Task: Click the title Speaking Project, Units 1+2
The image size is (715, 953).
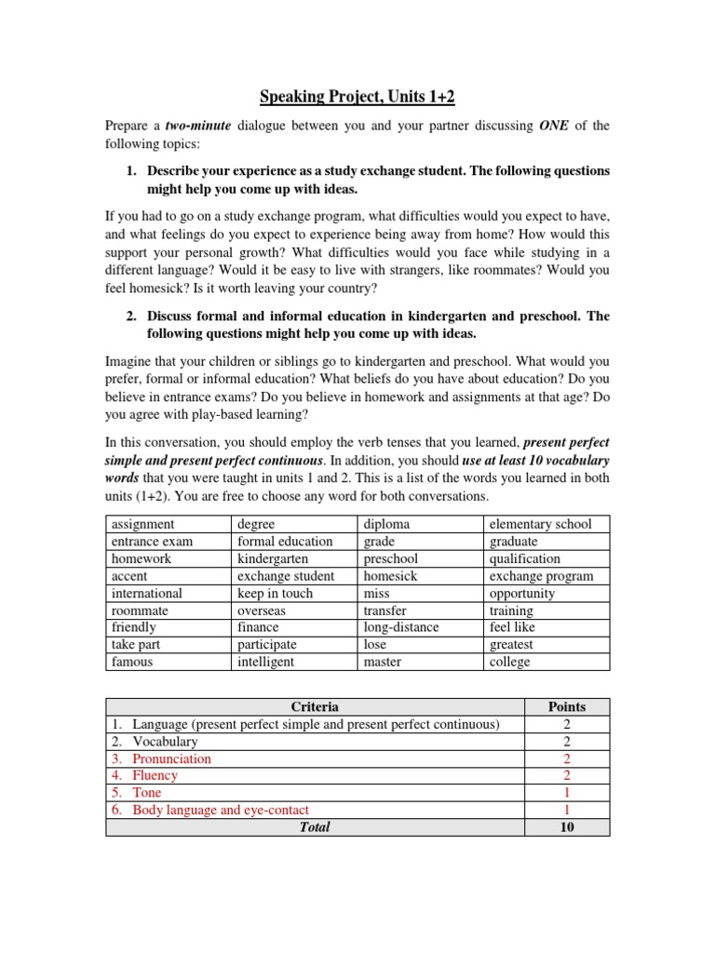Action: tap(357, 99)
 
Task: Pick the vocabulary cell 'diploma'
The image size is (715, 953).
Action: tap(386, 524)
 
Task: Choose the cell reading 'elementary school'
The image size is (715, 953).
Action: tap(540, 524)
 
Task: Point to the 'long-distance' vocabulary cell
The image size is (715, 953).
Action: tap(401, 627)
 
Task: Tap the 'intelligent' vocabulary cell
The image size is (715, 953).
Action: tap(266, 662)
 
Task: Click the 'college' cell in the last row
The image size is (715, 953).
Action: tap(509, 662)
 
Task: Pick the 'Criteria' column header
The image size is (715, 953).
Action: tap(315, 706)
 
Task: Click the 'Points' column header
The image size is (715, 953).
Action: tap(567, 706)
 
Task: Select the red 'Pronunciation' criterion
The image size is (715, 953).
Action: tap(171, 758)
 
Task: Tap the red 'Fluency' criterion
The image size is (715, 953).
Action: tap(155, 775)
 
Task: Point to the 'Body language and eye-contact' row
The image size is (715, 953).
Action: tap(221, 810)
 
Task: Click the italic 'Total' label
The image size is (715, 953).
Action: tap(315, 826)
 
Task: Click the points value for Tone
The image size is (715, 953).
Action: tap(567, 793)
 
